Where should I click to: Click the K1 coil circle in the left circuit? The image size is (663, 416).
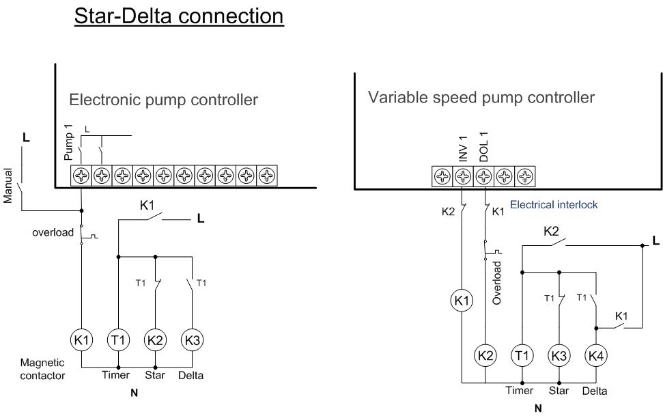[x=81, y=339]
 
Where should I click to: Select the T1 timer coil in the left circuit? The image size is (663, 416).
[x=119, y=339]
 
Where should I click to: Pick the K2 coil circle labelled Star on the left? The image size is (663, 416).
[x=156, y=339]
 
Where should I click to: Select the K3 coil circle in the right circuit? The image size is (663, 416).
[x=559, y=355]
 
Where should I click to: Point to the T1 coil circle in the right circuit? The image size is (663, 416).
[x=522, y=355]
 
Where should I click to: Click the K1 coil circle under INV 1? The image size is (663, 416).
[x=462, y=300]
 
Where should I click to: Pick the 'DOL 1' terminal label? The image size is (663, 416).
[x=483, y=145]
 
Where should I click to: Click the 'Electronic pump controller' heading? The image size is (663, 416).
[x=163, y=100]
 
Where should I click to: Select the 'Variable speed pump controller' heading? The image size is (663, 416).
[x=481, y=98]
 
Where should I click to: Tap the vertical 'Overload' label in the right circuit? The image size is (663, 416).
[x=498, y=281]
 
